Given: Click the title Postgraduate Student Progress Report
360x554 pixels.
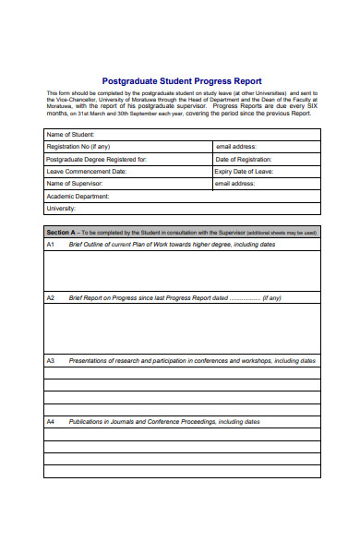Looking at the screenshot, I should pyautogui.click(x=180, y=81).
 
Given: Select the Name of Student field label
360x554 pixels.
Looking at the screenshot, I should pyautogui.click(x=70, y=134).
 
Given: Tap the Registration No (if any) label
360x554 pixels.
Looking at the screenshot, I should pyautogui.click(x=78, y=146).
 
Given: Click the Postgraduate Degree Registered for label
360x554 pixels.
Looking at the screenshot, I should pyautogui.click(x=97, y=159).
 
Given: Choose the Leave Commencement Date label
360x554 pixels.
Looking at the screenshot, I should pyautogui.click(x=86, y=171).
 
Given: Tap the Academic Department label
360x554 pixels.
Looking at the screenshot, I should pyautogui.click(x=78, y=196).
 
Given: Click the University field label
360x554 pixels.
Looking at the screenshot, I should pyautogui.click(x=61, y=209).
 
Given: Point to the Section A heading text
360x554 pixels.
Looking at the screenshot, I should pyautogui.click(x=63, y=233).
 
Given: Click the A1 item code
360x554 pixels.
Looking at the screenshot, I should pyautogui.click(x=51, y=245).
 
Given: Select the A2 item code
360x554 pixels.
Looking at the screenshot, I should pyautogui.click(x=51, y=298).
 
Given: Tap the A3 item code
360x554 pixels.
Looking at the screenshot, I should pyautogui.click(x=51, y=360).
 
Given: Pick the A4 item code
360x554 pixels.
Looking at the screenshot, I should pyautogui.click(x=51, y=421).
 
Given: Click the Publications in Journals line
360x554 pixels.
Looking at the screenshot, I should pyautogui.click(x=164, y=421).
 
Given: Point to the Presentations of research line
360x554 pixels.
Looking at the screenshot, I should pyautogui.click(x=192, y=360).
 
